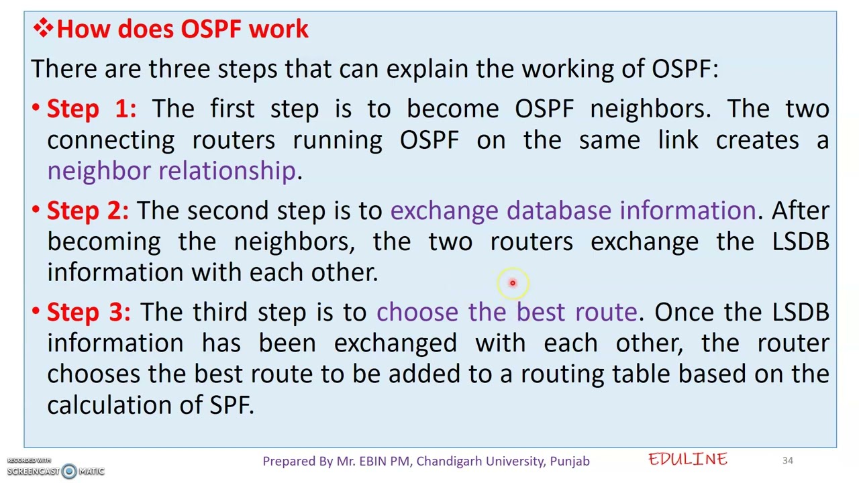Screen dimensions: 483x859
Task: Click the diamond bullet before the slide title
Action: (x=43, y=28)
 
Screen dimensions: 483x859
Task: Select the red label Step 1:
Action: (x=91, y=109)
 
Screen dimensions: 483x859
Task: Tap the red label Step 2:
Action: (x=87, y=211)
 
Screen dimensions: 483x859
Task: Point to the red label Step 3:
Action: (x=89, y=312)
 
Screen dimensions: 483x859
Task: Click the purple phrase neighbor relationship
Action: (x=171, y=170)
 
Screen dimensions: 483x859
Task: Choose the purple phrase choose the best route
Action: (x=506, y=312)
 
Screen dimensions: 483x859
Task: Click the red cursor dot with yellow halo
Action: (x=512, y=283)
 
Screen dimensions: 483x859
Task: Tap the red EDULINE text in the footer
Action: (x=688, y=460)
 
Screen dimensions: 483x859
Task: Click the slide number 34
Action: (x=787, y=460)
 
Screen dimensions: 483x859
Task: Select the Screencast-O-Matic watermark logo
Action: (x=69, y=471)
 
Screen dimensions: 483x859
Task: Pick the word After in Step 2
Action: (x=800, y=211)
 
